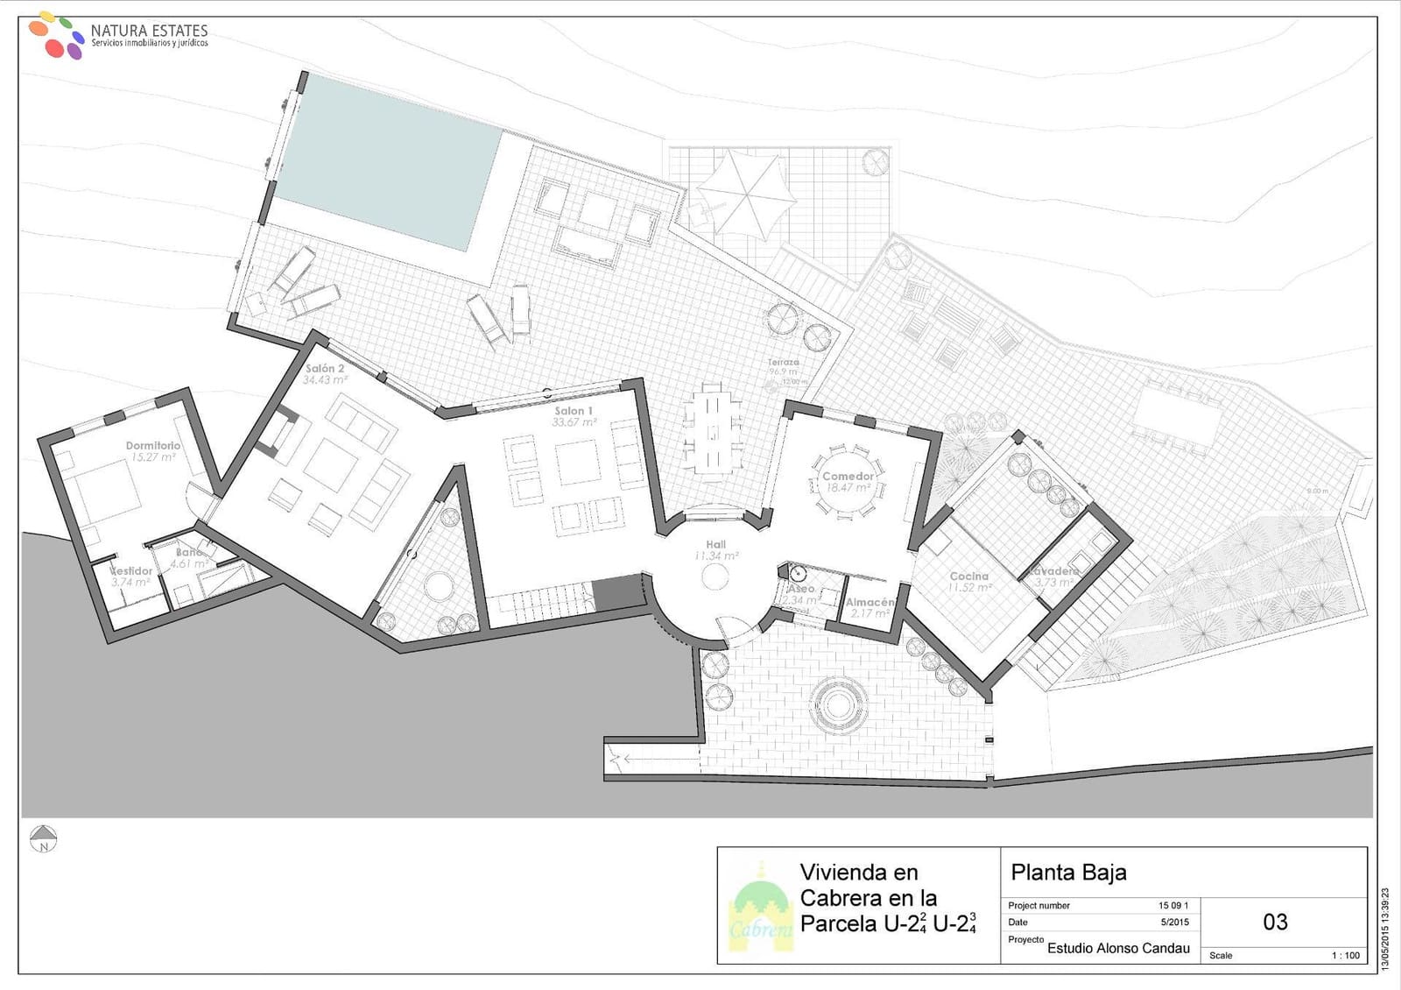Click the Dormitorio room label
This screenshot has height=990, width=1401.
tap(153, 445)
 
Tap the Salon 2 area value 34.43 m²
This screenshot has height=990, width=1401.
tap(325, 380)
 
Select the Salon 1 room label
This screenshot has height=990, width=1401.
tap(574, 411)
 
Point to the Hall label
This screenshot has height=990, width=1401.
tap(716, 545)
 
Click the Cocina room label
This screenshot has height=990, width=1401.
tap(969, 576)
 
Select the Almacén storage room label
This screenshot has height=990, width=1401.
tap(869, 603)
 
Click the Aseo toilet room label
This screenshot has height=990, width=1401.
tap(800, 589)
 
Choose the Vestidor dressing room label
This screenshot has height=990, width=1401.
tap(131, 571)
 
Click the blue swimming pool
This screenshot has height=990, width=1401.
tap(385, 162)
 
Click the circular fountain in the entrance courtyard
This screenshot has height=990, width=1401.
tap(839, 704)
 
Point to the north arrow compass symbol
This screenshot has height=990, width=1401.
tap(43, 838)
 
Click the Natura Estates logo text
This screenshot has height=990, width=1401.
tap(149, 31)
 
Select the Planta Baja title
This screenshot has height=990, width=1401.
tap(1068, 873)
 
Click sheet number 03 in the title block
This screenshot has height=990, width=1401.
tap(1275, 922)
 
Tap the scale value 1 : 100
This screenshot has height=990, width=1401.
tap(1346, 955)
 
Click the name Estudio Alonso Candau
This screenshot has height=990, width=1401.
tap(1118, 948)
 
